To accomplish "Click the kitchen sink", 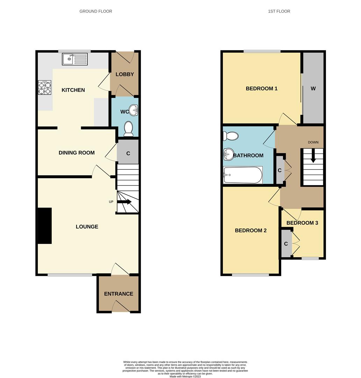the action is tap(75, 59).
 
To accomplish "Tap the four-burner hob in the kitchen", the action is tap(44, 87).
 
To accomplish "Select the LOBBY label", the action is tap(125, 74).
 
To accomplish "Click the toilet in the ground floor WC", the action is tap(128, 129).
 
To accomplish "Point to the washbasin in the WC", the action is tap(134, 110).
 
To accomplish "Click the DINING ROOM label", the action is tap(77, 153).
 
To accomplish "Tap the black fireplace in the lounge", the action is tap(45, 226).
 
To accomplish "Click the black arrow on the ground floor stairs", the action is tap(124, 202).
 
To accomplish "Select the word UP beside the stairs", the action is tap(111, 202).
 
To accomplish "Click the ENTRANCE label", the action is tap(119, 294).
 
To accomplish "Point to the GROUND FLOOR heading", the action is tap(96, 11).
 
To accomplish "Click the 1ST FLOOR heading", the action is tap(279, 11).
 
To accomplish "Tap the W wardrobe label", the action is tap(313, 89).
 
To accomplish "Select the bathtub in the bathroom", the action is tap(243, 175).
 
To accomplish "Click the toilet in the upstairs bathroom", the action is tap(231, 136).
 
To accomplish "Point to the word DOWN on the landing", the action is tap(313, 142).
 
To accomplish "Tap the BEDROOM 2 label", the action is tap(250, 230).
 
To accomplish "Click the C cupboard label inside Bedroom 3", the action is tap(286, 244).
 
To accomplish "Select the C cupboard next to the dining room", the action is tap(128, 153).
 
